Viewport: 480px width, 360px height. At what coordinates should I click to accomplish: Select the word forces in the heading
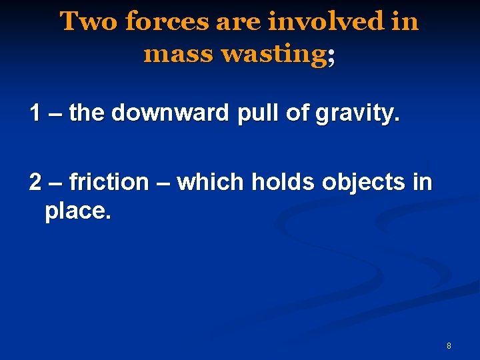167,22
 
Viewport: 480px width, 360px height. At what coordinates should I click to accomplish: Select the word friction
109,181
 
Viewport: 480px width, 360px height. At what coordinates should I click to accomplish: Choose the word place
76,213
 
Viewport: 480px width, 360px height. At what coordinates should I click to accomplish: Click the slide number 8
449,345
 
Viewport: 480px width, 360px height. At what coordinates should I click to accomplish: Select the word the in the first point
87,113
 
